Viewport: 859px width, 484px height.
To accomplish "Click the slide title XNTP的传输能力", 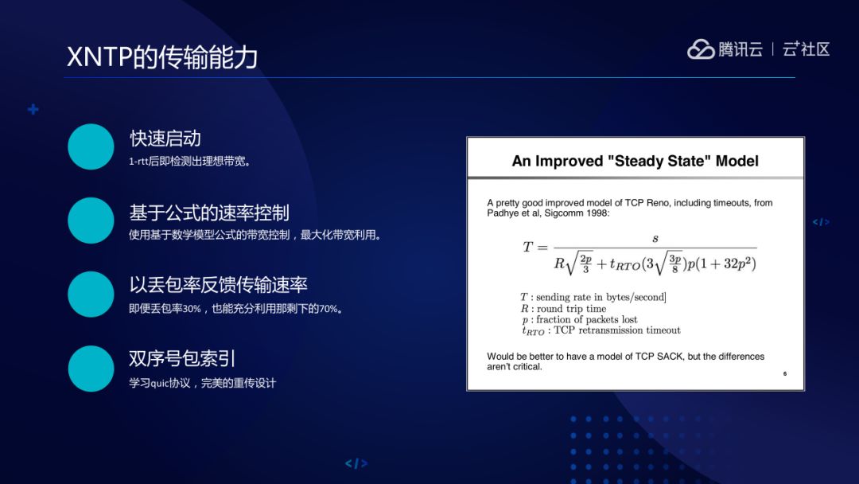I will pyautogui.click(x=162, y=57).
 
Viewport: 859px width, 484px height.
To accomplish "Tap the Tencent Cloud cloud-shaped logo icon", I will pyautogui.click(x=701, y=49).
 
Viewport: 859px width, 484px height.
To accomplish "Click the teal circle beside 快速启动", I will pyautogui.click(x=91, y=146).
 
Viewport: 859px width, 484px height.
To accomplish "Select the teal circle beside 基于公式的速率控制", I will pyautogui.click(x=91, y=221).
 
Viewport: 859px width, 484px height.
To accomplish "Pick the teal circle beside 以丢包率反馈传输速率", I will pyautogui.click(x=91, y=294).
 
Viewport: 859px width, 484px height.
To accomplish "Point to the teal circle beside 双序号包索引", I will pyautogui.click(x=91, y=368).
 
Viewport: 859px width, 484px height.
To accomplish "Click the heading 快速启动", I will pyautogui.click(x=165, y=139).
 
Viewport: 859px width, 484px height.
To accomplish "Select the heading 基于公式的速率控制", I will pyautogui.click(x=209, y=213).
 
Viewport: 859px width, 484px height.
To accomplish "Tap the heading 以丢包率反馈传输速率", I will pyautogui.click(x=218, y=285).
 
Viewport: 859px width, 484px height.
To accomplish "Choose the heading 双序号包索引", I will pyautogui.click(x=182, y=358).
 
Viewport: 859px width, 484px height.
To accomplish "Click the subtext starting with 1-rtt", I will pyautogui.click(x=190, y=162).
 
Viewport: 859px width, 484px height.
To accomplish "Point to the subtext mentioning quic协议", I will pyautogui.click(x=202, y=383).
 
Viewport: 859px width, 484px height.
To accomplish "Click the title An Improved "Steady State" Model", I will pyautogui.click(x=635, y=161).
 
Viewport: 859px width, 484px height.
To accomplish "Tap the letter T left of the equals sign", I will pyautogui.click(x=527, y=247).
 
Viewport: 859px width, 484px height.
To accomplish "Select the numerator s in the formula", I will pyautogui.click(x=655, y=238).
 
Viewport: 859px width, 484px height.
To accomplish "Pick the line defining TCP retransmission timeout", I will pyautogui.click(x=601, y=330).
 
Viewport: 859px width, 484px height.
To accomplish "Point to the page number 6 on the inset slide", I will pyautogui.click(x=784, y=373).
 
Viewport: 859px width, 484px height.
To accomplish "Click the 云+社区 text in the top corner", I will pyautogui.click(x=806, y=49).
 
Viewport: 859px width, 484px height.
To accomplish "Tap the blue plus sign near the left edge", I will pyautogui.click(x=33, y=109).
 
